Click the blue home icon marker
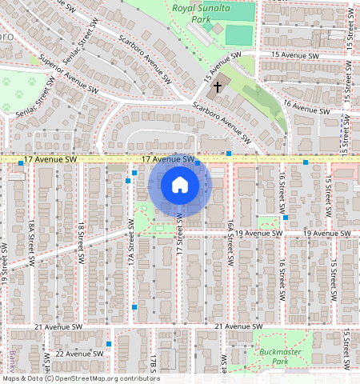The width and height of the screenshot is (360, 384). [x=180, y=186]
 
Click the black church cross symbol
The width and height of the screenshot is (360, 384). [x=218, y=86]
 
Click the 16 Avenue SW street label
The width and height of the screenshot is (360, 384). [x=306, y=106]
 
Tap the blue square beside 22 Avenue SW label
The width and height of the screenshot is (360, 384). [x=109, y=344]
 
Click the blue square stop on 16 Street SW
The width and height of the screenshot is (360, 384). [x=286, y=217]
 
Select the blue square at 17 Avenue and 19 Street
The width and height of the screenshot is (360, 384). [x=21, y=163]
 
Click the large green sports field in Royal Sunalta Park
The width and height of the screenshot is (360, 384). [x=238, y=35]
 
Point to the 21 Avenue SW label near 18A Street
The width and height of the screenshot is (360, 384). [x=59, y=327]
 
